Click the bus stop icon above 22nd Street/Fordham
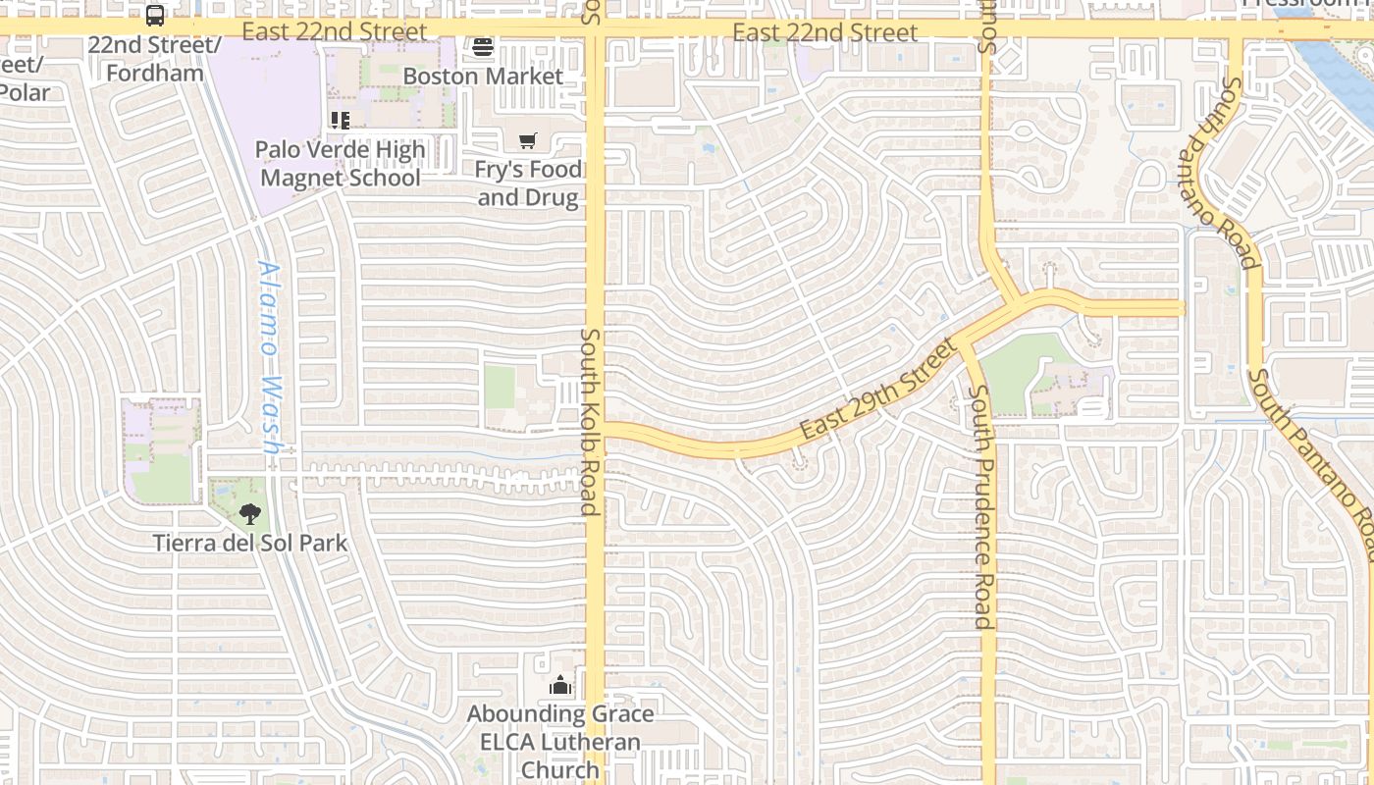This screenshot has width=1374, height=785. point(155,16)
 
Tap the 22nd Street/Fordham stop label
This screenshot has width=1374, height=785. point(155,59)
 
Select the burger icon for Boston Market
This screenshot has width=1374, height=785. point(482,47)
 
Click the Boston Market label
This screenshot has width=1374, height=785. point(483,77)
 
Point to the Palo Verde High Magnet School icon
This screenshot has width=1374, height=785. point(340,121)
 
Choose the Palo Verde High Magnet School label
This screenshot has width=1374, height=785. point(340,163)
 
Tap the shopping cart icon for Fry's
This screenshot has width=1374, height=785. point(528,141)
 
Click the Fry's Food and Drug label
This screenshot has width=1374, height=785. point(528,183)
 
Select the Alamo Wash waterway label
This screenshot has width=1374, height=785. point(270,355)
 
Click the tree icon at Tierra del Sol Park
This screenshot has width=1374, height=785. point(250,512)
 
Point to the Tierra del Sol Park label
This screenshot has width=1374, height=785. point(250,543)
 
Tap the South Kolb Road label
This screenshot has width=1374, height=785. point(589,422)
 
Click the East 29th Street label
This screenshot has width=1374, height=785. point(877,390)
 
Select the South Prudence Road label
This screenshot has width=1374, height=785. point(980,506)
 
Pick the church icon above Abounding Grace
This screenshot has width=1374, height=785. point(560,685)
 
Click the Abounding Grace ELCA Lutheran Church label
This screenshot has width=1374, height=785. point(560,742)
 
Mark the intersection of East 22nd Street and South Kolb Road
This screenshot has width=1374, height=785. point(595,30)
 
